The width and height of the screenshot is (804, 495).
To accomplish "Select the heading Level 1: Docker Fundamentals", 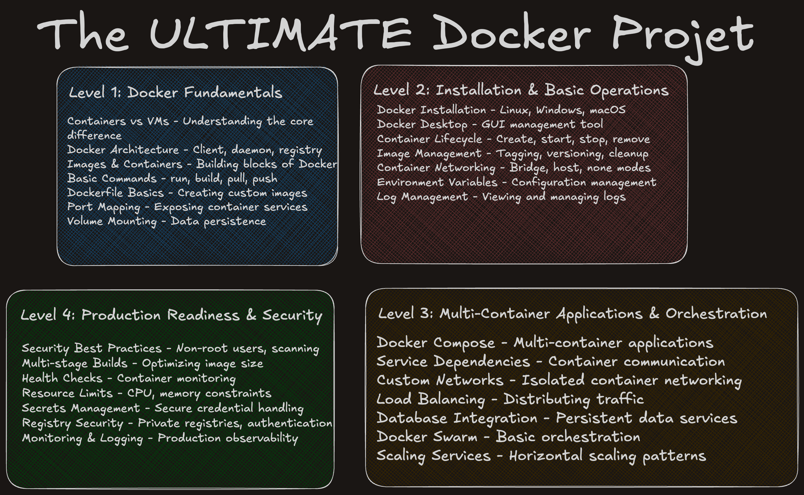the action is point(175,92).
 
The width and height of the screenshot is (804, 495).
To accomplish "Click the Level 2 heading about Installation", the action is point(521,90).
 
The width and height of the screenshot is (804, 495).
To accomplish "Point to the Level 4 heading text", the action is point(171,315).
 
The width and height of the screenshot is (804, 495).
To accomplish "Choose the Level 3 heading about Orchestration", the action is point(572,314).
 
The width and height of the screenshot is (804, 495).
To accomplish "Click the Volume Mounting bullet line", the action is point(166,221).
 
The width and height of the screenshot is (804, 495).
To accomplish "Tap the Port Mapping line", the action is point(187,207).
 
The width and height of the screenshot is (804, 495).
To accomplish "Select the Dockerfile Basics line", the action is point(187,193).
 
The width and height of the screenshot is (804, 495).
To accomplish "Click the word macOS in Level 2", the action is point(607,110).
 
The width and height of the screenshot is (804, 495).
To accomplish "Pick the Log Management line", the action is point(501,197).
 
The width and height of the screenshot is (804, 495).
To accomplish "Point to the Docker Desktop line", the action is point(490,124).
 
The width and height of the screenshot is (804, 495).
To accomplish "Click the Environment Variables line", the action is point(516,182).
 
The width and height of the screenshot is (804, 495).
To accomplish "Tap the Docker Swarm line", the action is point(508,437).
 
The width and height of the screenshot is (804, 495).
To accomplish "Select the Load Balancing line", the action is point(510,399).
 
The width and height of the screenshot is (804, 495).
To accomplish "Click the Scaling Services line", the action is point(541,456).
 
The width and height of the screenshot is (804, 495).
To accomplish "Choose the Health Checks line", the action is point(128,378).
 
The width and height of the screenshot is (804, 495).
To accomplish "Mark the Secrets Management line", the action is point(163,408).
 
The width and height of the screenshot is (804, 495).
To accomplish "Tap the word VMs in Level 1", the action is point(158,122).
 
